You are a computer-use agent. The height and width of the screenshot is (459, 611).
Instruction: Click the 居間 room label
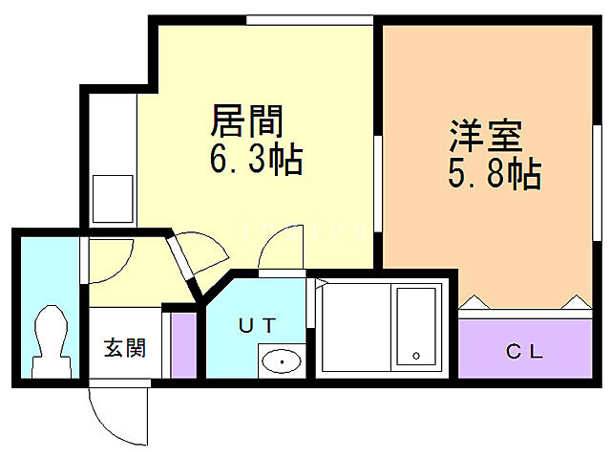pos(246,123)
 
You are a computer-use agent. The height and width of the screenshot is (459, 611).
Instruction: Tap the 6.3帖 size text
pos(256,158)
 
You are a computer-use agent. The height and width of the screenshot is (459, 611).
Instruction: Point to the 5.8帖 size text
pos(495,173)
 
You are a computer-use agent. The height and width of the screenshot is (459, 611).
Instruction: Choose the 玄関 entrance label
pos(124,348)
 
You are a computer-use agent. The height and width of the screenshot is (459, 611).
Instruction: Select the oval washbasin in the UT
pos(281,361)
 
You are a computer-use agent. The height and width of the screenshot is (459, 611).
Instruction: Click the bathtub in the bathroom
pos(416,325)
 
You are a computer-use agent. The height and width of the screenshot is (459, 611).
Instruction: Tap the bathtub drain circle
pos(416,356)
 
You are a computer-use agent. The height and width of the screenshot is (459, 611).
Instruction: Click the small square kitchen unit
pos(112,199)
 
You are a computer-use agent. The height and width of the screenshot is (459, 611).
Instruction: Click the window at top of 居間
pos(307,19)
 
